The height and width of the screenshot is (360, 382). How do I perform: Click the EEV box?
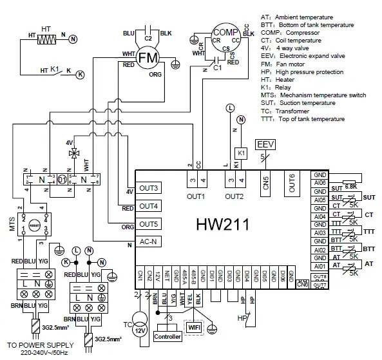265,143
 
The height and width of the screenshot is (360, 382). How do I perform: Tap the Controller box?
167,336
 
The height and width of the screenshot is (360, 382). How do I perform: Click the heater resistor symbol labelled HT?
45,39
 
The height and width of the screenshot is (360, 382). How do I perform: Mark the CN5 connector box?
265,182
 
